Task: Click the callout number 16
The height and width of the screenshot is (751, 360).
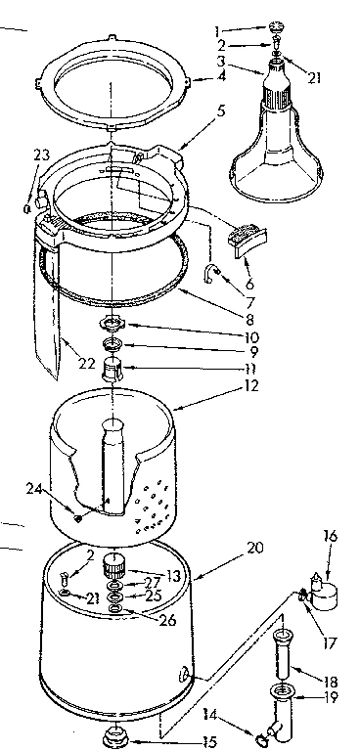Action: [x=329, y=537]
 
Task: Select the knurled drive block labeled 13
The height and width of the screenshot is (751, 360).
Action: [x=118, y=565]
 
